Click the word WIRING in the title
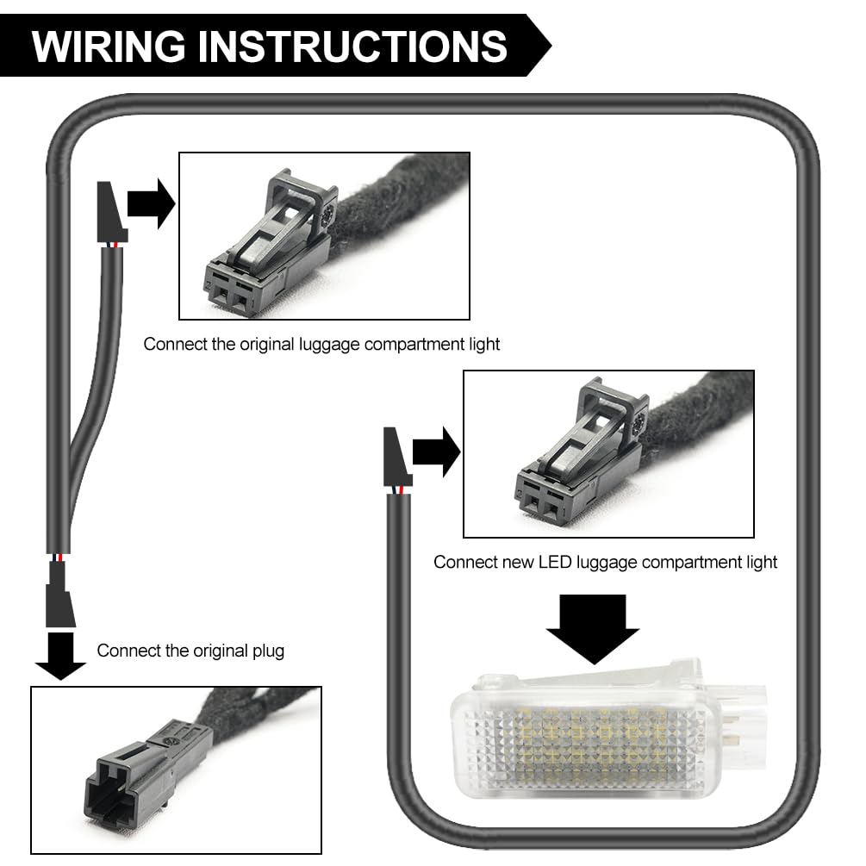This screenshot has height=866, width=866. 109,46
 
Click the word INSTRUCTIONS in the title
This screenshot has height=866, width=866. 352,46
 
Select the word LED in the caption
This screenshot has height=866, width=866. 555,562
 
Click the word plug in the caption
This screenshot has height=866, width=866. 268,651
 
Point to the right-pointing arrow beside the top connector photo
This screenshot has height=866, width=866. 152,204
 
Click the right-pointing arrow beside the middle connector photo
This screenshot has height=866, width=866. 436,452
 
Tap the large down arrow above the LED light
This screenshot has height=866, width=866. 593,629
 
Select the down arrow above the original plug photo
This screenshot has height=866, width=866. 61,657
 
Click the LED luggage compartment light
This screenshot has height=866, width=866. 608,730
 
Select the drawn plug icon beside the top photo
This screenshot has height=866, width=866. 111,212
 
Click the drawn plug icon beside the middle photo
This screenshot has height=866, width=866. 397,458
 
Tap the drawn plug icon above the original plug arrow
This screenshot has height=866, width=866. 59,595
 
